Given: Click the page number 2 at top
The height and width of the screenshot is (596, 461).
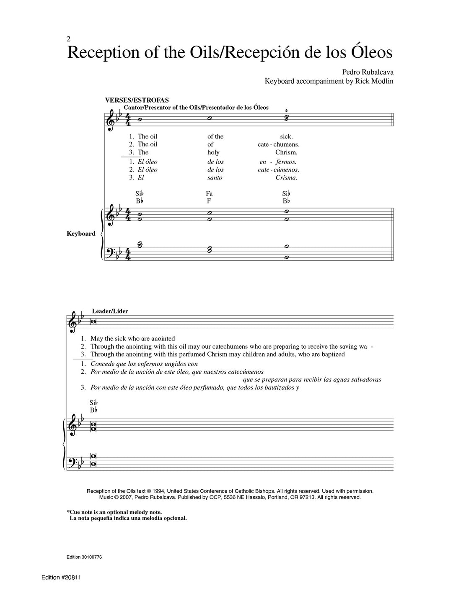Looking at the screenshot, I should [x=69, y=39].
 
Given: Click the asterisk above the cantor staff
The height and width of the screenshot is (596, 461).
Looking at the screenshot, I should [x=286, y=111].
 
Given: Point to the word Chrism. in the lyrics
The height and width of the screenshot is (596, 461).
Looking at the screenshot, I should [x=286, y=152].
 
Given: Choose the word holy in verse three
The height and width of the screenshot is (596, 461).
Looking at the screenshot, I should [x=213, y=152].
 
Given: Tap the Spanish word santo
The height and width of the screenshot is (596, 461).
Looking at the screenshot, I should [x=215, y=177].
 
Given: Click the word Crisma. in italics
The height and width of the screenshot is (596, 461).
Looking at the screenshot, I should [x=286, y=177].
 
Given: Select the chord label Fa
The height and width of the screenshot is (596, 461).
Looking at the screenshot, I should [x=210, y=194].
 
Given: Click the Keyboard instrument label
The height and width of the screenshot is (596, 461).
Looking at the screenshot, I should [x=81, y=234].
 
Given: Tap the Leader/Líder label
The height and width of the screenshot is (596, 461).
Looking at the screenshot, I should [x=112, y=311].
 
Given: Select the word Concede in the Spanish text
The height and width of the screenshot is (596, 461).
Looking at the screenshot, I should [x=103, y=364].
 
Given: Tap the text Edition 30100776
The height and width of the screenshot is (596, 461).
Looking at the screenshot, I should [x=84, y=557].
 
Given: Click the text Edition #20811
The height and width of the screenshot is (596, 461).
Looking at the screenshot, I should [x=61, y=578].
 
